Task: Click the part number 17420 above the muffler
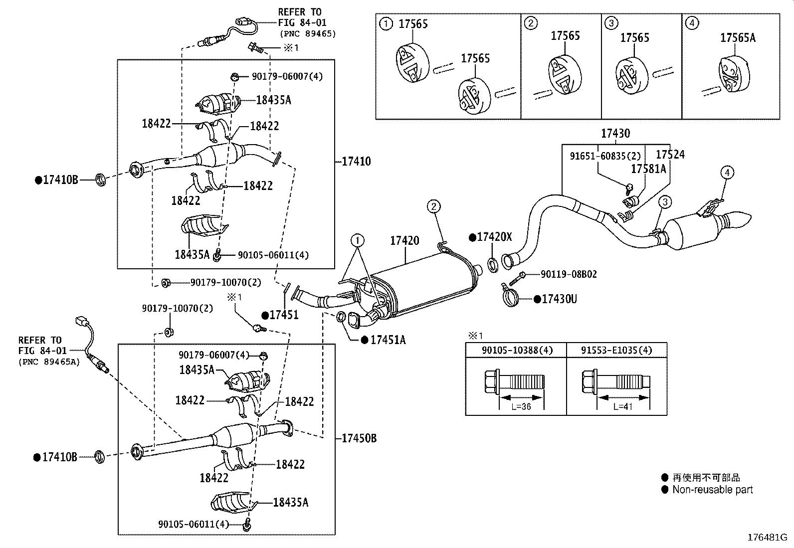point(404,241)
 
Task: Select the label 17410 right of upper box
point(356,162)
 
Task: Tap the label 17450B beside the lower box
point(359,438)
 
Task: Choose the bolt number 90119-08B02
point(569,274)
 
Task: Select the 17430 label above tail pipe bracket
point(615,134)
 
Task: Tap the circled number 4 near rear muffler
point(727,173)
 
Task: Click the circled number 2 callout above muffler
point(433,206)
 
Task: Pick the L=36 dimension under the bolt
point(521,407)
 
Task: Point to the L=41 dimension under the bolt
point(622,407)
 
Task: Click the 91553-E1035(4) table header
point(616,350)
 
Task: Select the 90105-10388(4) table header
point(517,350)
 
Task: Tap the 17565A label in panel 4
point(738,38)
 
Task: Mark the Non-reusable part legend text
point(712,490)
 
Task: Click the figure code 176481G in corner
point(767,538)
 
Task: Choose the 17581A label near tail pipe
point(648,170)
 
